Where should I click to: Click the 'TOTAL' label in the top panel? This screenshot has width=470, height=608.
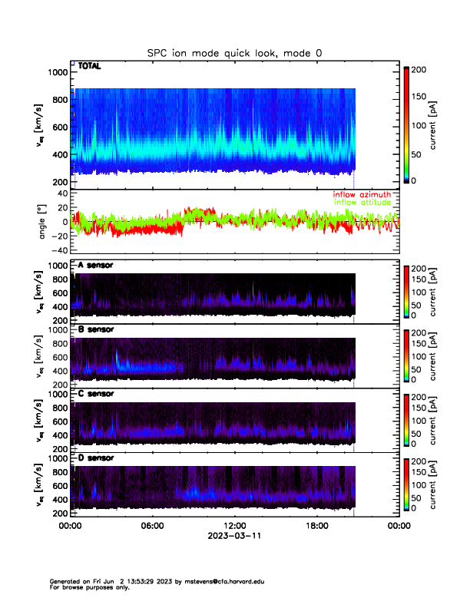coord(90,67)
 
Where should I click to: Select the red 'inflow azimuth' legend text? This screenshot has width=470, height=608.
coord(361,195)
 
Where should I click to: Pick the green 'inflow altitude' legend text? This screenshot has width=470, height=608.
coord(361,203)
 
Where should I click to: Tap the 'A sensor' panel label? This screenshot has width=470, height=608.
coord(96,266)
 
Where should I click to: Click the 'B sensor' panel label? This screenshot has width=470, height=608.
coord(96,329)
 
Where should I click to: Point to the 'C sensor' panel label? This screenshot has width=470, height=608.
coord(96,394)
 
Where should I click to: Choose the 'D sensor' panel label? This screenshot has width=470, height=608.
coord(96,458)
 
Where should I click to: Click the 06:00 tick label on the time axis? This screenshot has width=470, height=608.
coord(152,526)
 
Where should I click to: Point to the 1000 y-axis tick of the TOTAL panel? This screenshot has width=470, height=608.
coord(58,72)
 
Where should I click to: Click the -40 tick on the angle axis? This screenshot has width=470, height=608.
coord(58,249)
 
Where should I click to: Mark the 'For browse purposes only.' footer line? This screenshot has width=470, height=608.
coord(90,588)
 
